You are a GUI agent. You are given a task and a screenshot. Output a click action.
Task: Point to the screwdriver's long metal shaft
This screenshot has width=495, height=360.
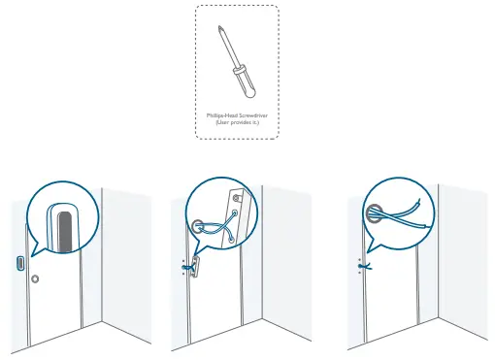pos(226,51)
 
